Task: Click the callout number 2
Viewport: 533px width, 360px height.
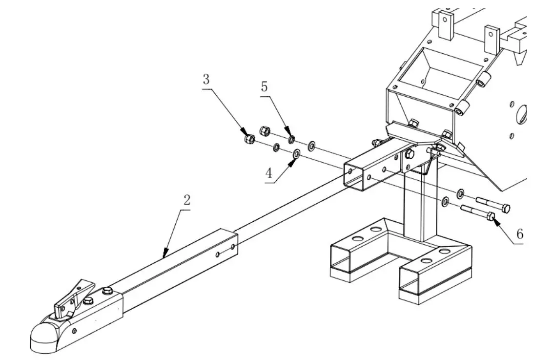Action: point(186,200)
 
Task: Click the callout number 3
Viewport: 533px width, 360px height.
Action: point(206,79)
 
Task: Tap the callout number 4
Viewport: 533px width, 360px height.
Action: point(268,173)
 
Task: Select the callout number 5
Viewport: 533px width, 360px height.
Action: point(264,87)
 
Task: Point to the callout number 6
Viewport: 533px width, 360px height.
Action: point(519,234)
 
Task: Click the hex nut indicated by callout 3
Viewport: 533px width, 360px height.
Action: point(248,139)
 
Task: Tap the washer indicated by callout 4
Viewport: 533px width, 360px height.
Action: point(296,154)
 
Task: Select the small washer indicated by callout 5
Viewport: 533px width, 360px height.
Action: point(291,140)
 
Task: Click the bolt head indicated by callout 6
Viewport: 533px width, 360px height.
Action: point(491,216)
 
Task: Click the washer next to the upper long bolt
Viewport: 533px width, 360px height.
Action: point(460,194)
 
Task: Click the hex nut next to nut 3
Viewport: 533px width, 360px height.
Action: point(265,130)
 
